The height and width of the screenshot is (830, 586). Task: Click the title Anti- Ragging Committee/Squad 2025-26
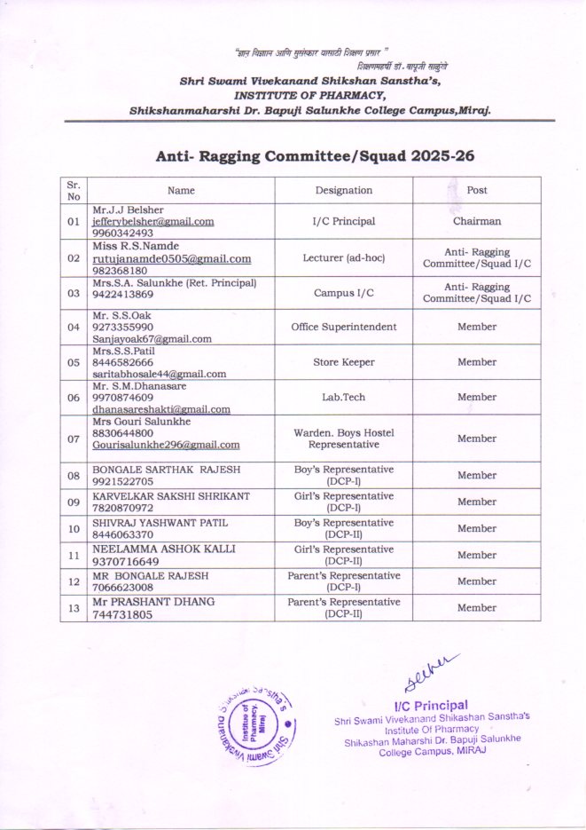click(316, 155)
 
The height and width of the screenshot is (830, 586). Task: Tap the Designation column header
click(343, 190)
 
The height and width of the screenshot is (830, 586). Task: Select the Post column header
click(477, 190)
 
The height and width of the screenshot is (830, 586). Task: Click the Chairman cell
click(477, 221)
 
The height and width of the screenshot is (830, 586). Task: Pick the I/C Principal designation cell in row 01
click(343, 221)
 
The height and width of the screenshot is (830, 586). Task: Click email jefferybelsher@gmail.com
click(152, 221)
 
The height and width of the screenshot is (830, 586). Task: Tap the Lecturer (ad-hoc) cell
click(343, 258)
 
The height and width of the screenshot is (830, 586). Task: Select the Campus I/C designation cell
click(343, 291)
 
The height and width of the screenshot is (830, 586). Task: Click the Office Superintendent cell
click(343, 327)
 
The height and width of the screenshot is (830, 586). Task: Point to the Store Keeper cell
click(343, 362)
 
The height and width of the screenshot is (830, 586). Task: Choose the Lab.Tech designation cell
click(343, 397)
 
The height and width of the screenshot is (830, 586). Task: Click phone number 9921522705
click(123, 480)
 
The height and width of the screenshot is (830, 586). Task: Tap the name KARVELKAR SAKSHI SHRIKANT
click(171, 495)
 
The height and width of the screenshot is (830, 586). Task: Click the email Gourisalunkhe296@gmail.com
click(166, 445)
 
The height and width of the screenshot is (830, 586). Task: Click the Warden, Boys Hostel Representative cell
click(343, 438)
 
